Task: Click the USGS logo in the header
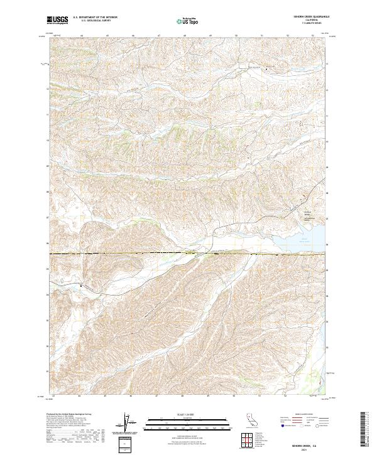[x=58, y=20]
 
